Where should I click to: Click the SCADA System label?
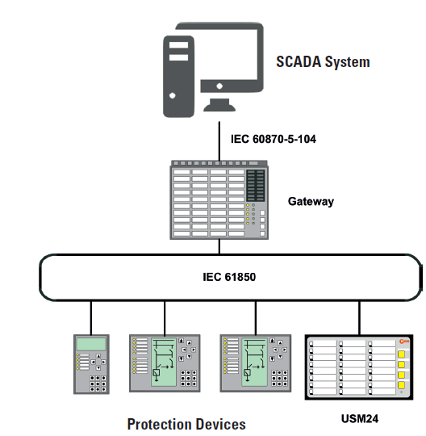point(323,61)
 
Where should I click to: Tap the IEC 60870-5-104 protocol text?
point(274,139)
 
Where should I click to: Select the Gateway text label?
point(311,202)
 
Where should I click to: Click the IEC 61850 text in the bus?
point(229,277)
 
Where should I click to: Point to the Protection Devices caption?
point(186,425)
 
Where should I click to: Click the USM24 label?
point(360,418)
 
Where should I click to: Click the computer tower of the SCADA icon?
point(178,77)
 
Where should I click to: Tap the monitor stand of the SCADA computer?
point(219,105)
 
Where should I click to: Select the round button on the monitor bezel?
point(219,86)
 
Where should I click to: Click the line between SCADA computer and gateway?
point(219,140)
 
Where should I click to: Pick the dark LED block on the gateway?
point(256,186)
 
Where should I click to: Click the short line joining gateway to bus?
point(219,246)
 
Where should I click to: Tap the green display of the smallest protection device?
point(91,344)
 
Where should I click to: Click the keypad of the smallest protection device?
point(98,384)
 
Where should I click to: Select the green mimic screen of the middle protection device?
point(164,362)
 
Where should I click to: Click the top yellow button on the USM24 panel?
point(401,354)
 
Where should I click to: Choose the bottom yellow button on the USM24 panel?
point(401,385)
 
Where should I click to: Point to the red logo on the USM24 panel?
point(404,342)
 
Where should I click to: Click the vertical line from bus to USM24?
point(359,318)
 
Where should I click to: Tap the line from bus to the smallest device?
point(91,318)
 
